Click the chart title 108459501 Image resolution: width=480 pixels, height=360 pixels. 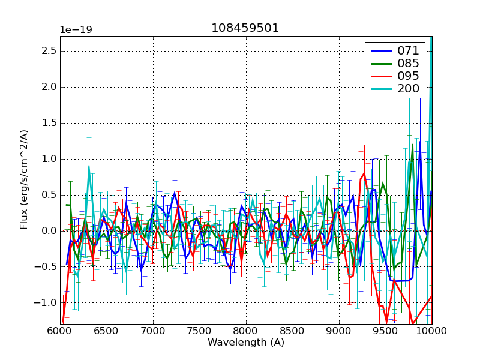coord(245,28)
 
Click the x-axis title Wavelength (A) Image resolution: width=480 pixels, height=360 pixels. coord(246,343)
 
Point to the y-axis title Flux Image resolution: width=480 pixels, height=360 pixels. coord(24,179)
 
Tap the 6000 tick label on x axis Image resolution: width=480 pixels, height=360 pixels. coord(60,331)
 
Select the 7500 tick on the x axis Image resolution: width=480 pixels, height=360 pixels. coord(199,331)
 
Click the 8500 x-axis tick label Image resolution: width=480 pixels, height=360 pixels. coord(292,331)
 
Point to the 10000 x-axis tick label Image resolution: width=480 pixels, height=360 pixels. coord(431,331)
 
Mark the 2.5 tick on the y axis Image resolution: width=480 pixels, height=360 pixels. coord(48,51)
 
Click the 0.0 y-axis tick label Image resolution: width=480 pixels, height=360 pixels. coord(48,231)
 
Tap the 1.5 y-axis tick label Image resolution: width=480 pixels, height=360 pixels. coord(48,123)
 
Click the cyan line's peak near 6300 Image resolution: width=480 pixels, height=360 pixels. coord(89,166)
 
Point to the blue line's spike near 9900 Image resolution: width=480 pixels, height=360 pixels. coord(419,142)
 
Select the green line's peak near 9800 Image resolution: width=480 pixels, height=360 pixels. coord(412,145)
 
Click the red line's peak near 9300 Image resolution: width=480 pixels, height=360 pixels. coord(365,173)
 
